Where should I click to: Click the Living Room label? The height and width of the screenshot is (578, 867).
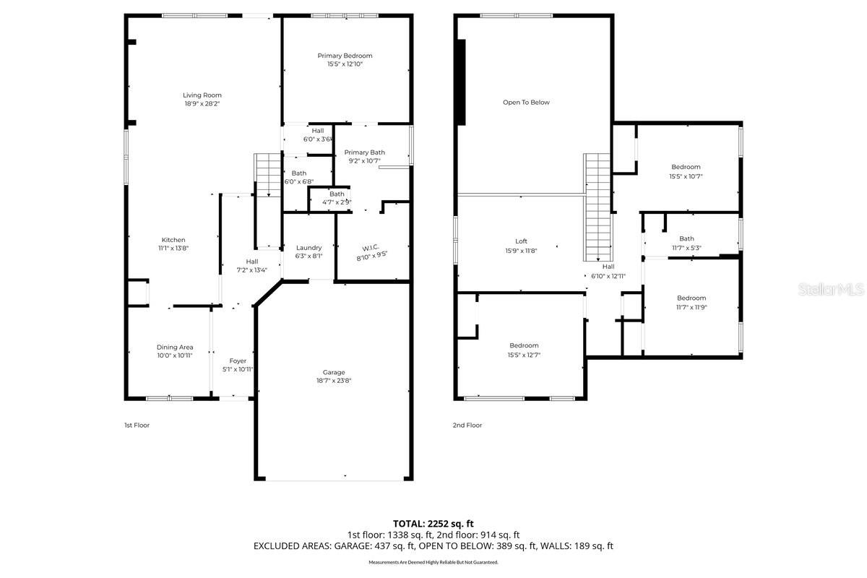point(202,95)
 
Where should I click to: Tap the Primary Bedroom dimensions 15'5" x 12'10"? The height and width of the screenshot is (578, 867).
point(345,64)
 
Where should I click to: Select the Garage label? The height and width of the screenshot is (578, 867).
point(334,372)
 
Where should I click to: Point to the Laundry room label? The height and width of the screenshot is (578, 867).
point(309,248)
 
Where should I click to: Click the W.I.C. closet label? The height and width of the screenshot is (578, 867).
point(371,248)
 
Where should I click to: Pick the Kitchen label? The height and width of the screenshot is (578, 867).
point(173,240)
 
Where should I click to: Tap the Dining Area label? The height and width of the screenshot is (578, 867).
point(175,348)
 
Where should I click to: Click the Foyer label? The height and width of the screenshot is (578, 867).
point(238,361)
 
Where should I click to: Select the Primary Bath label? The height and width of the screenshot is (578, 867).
point(365,152)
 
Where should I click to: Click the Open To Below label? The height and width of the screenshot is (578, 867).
point(526,103)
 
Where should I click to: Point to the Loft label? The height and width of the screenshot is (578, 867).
point(521,241)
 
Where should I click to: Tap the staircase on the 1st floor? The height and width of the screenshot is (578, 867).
point(267,175)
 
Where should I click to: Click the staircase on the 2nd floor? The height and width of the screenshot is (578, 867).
point(598,207)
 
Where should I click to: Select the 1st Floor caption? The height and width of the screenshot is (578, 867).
point(137,425)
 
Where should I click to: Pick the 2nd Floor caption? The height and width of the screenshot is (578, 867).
point(467,425)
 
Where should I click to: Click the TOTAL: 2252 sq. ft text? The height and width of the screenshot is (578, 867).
point(433,524)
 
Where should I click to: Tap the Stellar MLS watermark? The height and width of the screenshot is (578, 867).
point(832,289)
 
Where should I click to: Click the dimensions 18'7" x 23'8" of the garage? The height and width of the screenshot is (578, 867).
point(334,381)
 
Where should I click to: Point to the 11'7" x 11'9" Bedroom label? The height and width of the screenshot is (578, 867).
point(691,303)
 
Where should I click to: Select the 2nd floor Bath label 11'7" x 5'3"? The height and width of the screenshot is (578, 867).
point(686,243)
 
